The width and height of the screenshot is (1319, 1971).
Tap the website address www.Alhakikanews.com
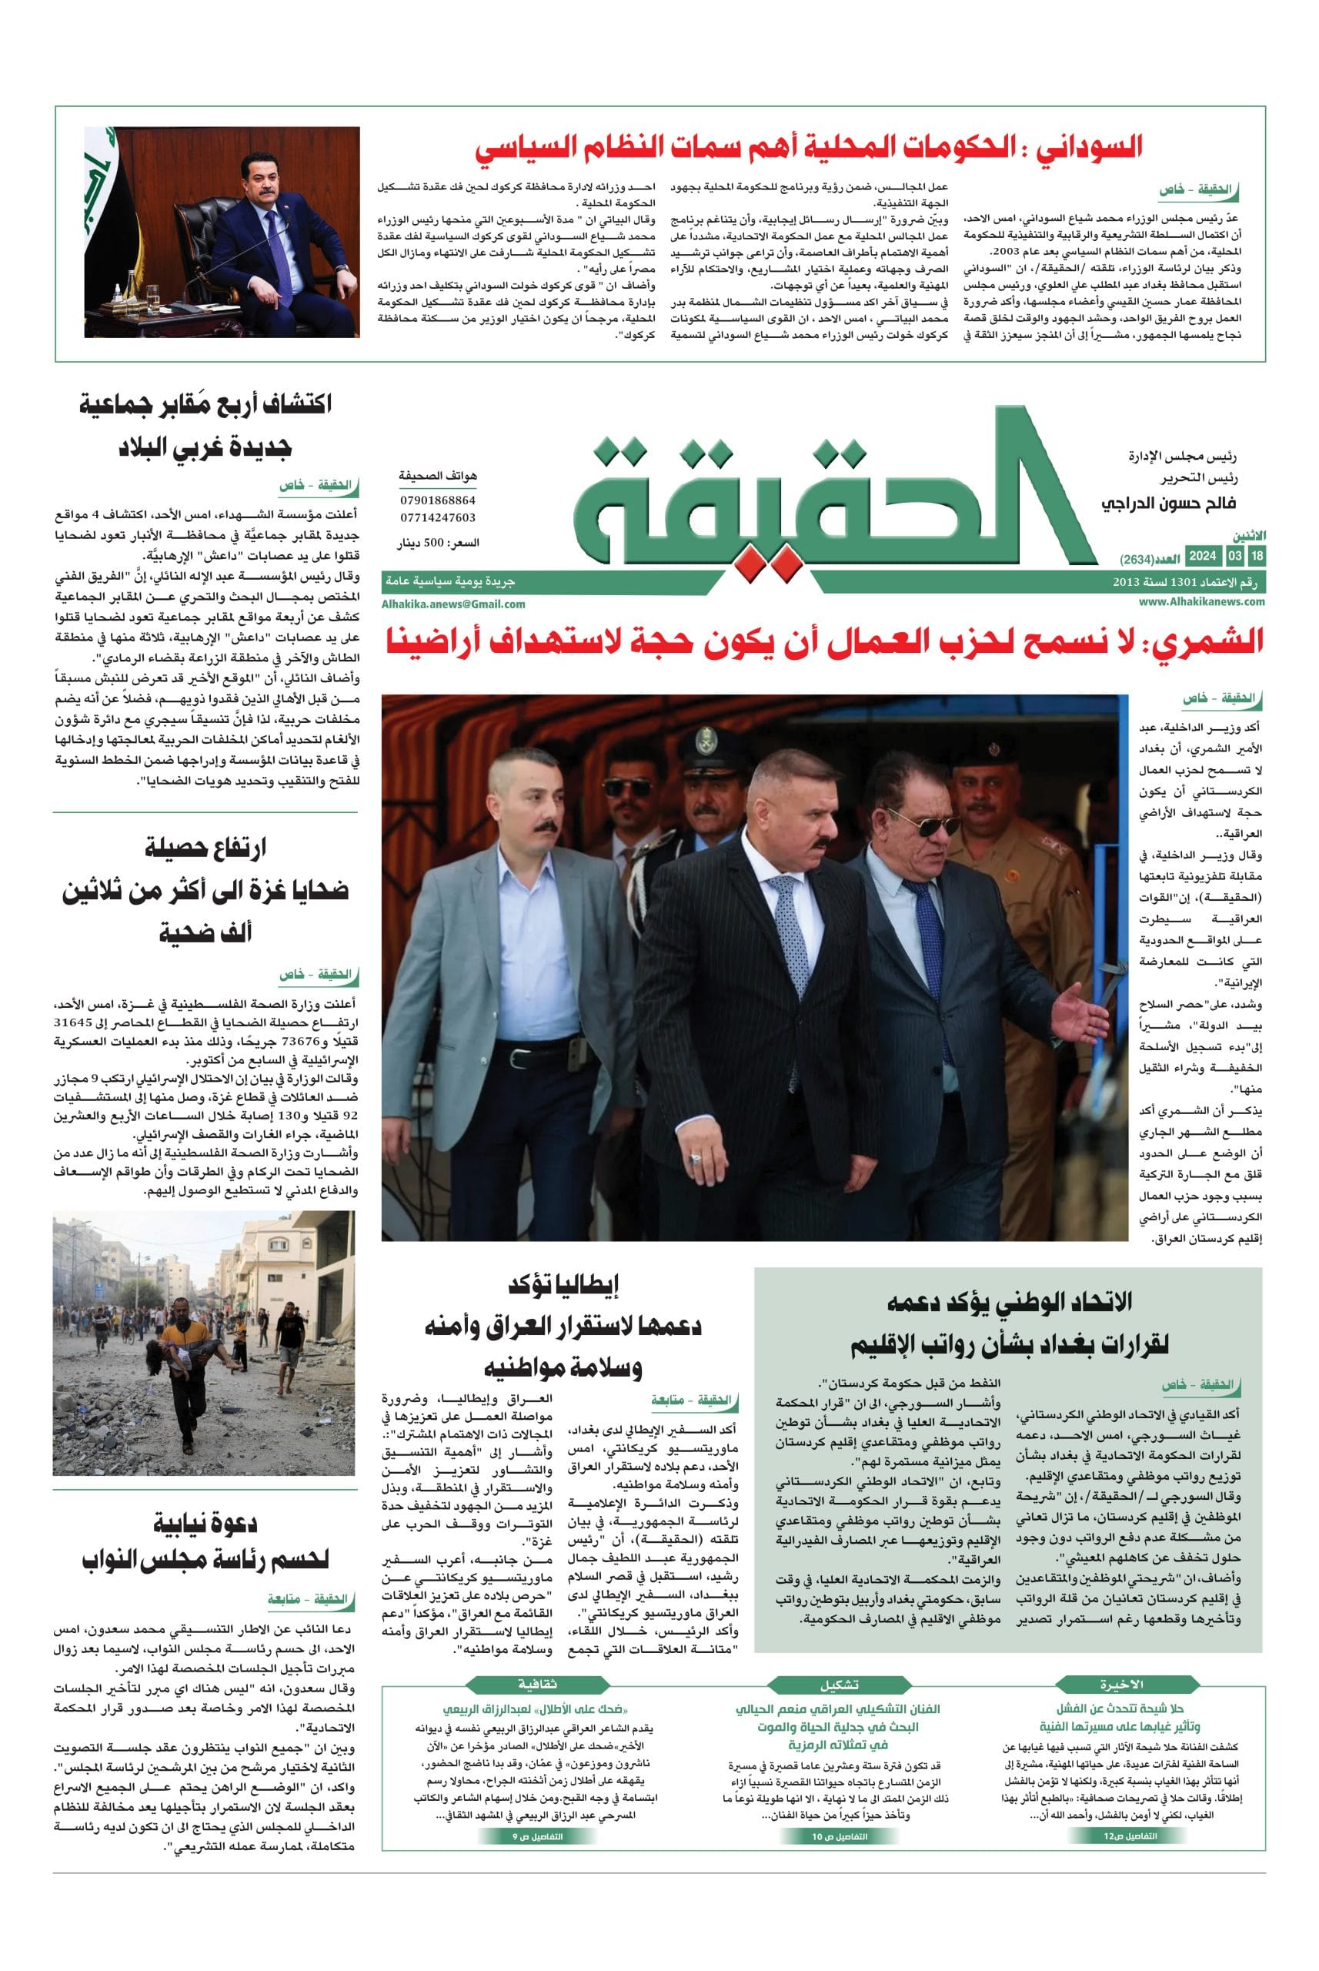point(1202,602)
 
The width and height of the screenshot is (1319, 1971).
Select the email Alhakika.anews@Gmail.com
point(452,604)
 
